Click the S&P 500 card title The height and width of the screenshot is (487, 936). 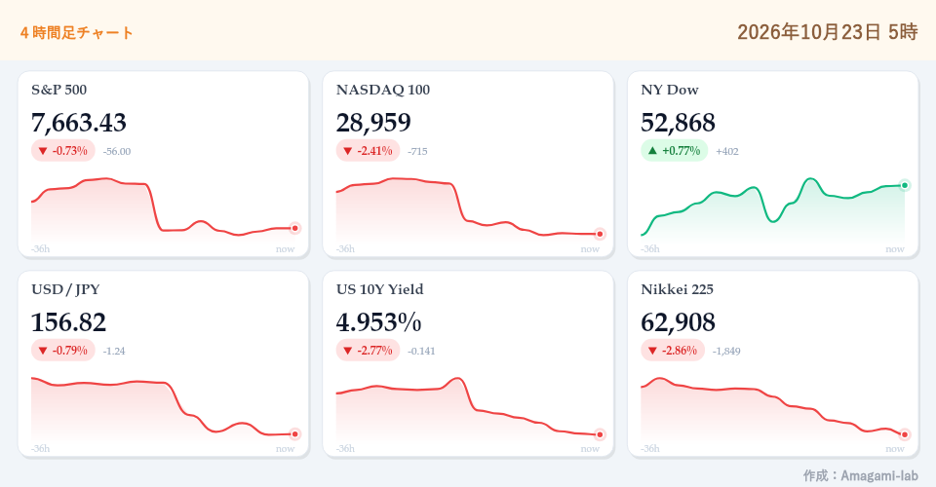point(59,90)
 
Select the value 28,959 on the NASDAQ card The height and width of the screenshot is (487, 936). point(373,123)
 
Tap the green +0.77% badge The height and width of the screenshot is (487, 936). point(674,151)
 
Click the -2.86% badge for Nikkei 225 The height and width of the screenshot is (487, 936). point(673,351)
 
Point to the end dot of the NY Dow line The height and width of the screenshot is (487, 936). point(905,185)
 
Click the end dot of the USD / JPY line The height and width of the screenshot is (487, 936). point(294,434)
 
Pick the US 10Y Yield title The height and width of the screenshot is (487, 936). point(379,289)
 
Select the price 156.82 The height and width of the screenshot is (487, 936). point(68,322)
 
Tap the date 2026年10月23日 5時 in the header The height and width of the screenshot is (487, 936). point(828,31)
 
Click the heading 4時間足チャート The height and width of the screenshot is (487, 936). point(76,32)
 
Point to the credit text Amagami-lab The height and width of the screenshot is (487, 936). point(879,475)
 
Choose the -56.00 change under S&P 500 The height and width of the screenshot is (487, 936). point(116,151)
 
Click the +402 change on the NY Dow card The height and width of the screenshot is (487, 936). point(727,151)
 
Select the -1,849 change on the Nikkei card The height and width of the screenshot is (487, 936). point(726,351)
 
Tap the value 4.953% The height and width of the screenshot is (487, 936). point(378,322)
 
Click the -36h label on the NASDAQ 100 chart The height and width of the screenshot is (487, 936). point(345,248)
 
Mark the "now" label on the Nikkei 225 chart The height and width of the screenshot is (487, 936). point(895,448)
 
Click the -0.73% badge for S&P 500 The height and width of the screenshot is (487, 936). point(63,151)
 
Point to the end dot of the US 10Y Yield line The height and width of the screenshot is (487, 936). point(600,434)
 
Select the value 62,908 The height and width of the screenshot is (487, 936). point(679,322)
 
